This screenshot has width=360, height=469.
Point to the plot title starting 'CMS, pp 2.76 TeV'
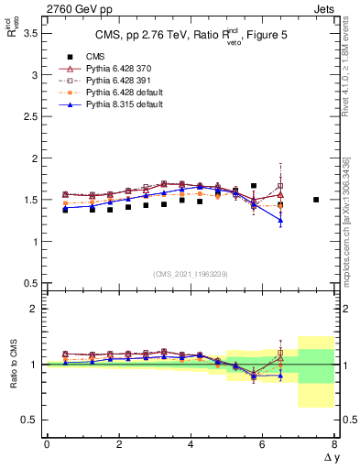pos(191,37)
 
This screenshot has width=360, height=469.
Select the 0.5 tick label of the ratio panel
pos(29,420)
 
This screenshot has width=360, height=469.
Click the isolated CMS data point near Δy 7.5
pos(316,200)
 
